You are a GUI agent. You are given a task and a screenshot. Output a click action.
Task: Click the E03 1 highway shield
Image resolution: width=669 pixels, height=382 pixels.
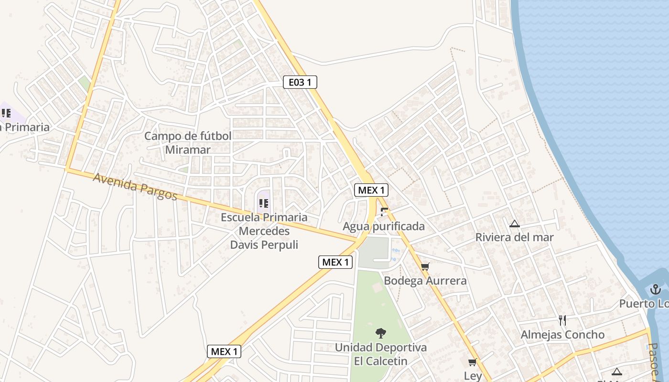300,82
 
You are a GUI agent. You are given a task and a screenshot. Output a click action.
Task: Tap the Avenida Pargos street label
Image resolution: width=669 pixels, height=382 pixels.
135,186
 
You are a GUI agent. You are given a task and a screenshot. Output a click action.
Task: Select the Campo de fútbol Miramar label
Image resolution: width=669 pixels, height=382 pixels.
188,142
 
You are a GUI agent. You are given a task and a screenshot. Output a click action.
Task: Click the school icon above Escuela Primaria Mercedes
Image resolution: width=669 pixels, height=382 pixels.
263,204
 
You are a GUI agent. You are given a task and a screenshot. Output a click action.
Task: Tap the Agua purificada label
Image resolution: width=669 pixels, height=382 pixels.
383,226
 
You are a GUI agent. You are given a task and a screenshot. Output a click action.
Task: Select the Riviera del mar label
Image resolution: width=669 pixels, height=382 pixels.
514,237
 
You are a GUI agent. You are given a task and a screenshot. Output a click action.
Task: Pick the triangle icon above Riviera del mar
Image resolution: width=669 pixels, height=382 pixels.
514,223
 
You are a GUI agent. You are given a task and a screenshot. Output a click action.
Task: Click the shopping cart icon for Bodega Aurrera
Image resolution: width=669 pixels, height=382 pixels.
425,266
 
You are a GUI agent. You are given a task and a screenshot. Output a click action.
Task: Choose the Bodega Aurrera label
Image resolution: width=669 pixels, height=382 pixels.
425,280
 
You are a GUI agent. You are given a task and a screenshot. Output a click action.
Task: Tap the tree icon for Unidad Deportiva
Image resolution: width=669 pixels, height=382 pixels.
380,333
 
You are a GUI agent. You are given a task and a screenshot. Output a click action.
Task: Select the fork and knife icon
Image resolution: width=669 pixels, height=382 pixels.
562,320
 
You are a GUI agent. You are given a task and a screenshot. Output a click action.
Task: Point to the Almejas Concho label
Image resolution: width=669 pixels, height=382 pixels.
562,334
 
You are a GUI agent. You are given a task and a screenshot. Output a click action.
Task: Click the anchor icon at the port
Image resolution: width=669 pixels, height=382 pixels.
655,289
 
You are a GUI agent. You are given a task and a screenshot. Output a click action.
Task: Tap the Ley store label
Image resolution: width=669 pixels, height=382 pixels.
473,376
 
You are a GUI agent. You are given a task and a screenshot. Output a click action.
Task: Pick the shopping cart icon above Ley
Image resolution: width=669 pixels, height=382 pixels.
473,362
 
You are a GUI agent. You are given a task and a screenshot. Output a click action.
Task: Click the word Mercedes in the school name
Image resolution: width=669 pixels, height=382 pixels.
264,231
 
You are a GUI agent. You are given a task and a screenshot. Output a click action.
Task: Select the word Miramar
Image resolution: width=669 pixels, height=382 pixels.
188,149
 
